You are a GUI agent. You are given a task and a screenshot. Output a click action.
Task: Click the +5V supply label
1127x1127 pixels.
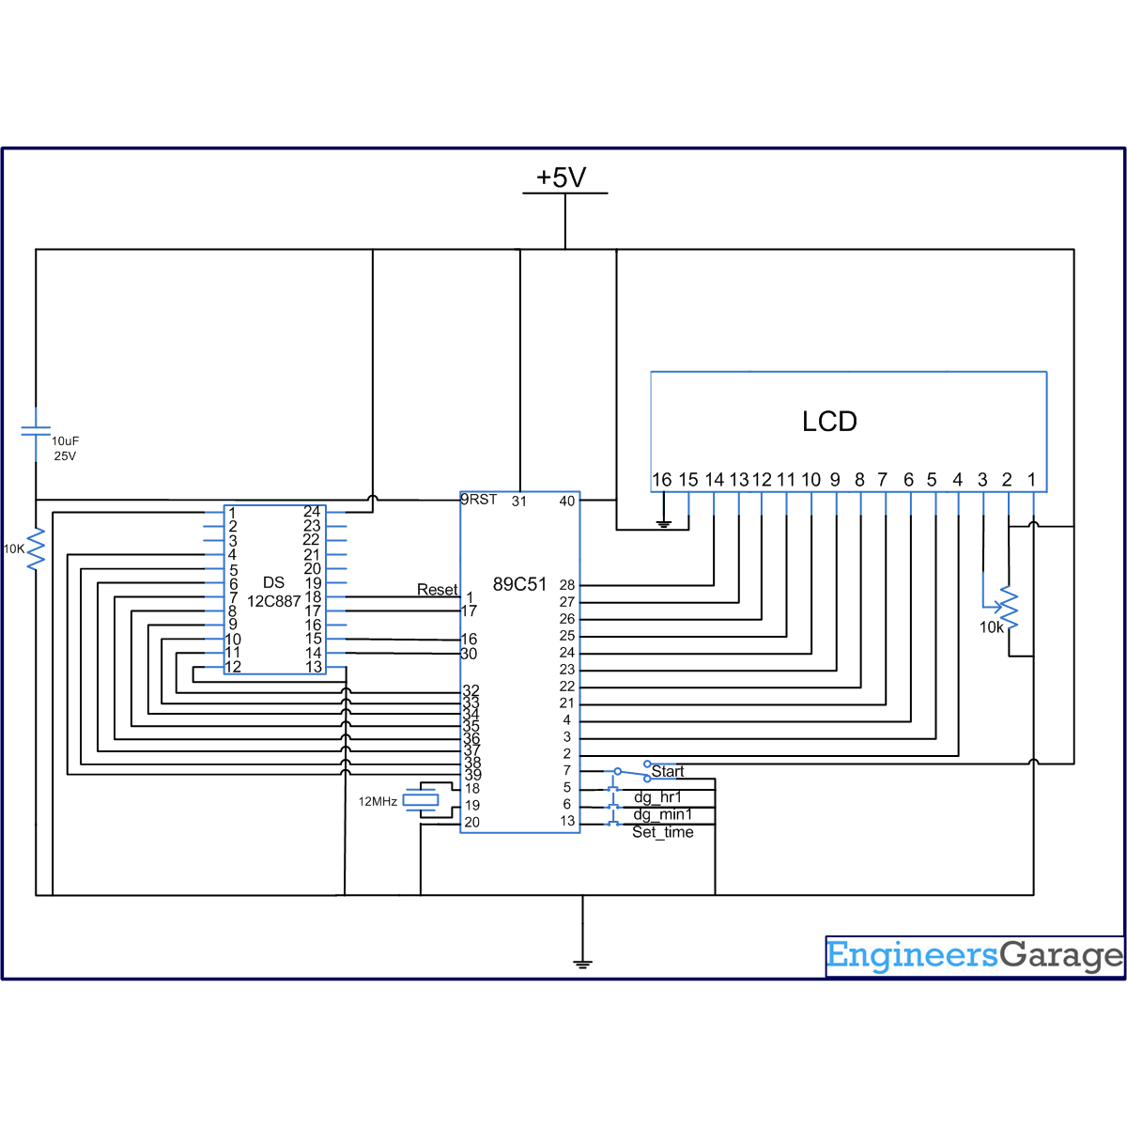[x=562, y=178]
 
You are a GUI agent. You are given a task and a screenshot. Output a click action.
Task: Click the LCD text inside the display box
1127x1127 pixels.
[x=829, y=422]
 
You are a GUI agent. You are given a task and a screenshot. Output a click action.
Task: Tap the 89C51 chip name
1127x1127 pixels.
[x=519, y=584]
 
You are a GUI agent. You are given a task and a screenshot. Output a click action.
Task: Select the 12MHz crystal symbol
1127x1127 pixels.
[x=421, y=800]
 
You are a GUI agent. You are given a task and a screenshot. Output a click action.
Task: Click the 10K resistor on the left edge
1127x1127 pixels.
[x=36, y=549]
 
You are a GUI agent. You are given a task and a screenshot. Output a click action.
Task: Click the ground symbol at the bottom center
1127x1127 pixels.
[x=582, y=963]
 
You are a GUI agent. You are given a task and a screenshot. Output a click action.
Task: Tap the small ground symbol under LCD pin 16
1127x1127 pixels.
[x=664, y=524]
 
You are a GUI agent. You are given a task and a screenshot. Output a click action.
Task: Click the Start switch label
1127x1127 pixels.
[x=668, y=771]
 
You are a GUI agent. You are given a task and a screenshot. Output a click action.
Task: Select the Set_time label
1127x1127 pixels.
[x=663, y=832]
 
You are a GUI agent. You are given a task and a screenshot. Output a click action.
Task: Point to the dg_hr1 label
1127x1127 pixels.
[x=658, y=797]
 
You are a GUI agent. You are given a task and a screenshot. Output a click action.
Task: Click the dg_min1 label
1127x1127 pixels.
[x=663, y=814]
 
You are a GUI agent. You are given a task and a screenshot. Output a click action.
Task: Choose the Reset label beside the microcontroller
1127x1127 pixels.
[x=437, y=590]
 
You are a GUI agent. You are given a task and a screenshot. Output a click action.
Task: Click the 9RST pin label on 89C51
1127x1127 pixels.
[x=479, y=500]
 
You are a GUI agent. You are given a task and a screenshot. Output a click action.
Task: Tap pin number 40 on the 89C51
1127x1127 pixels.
[x=567, y=502]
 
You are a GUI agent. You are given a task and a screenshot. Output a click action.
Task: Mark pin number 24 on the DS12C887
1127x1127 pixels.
[x=312, y=512]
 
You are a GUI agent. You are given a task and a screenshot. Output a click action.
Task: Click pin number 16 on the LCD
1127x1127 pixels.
[x=662, y=480]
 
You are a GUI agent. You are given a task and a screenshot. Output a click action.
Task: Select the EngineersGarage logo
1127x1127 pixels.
[x=974, y=956]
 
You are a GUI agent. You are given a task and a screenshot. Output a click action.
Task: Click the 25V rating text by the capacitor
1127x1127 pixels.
[x=65, y=456]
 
